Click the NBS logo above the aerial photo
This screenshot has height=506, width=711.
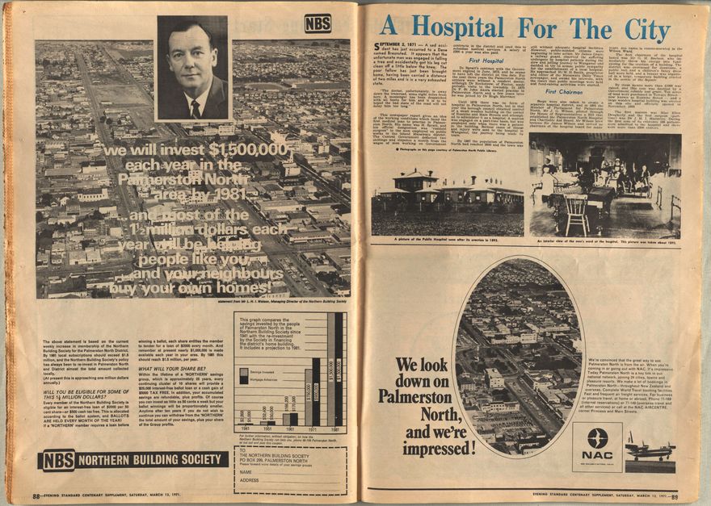(x=318, y=23)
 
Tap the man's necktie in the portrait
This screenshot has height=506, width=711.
(x=196, y=107)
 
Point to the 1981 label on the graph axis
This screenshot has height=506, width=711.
(x=334, y=430)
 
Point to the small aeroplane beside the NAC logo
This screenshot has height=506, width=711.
(x=650, y=447)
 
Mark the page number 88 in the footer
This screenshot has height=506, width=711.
(x=37, y=496)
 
